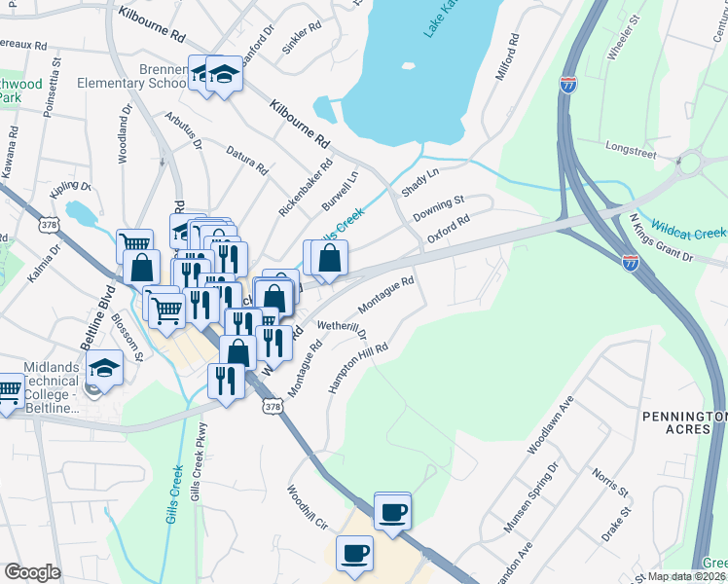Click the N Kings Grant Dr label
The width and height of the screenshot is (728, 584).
661,239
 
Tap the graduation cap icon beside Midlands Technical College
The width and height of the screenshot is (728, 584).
104,368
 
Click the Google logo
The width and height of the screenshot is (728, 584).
31,572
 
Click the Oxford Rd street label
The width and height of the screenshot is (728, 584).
449,230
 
